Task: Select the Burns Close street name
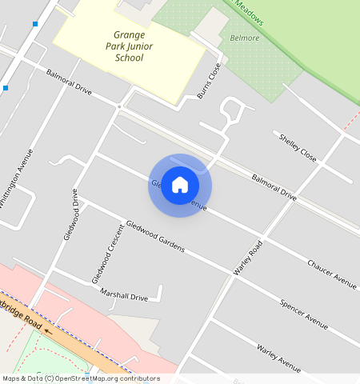click(209, 81)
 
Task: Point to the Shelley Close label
click(298, 147)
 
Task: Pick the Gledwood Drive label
click(70, 214)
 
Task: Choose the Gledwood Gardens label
click(155, 236)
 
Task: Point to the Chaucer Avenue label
click(332, 273)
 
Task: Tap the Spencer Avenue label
click(304, 314)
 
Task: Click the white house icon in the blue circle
click(180, 185)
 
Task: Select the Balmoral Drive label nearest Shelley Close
click(274, 186)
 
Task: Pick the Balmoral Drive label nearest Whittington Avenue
click(70, 83)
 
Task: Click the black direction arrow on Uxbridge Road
click(49, 329)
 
